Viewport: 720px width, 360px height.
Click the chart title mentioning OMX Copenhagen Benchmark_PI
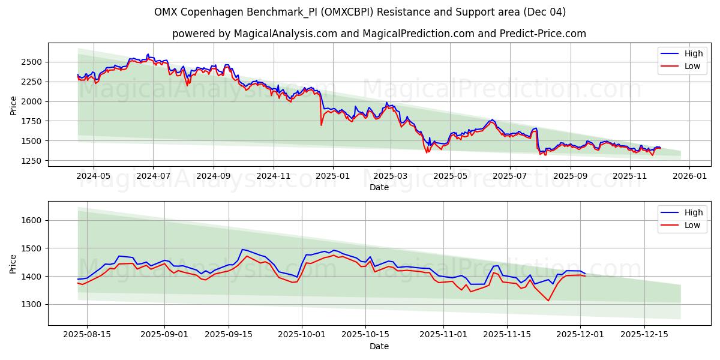360,12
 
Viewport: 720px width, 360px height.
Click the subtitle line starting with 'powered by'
379,34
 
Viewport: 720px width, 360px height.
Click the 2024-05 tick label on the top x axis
94,176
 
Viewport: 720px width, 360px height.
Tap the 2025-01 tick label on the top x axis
332,176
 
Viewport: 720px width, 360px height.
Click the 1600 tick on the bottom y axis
34,220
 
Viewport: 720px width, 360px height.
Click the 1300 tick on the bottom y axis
34,304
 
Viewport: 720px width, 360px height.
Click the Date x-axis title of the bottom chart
379,346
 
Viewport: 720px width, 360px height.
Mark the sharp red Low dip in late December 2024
321,125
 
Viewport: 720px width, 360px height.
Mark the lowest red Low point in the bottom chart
548,301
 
